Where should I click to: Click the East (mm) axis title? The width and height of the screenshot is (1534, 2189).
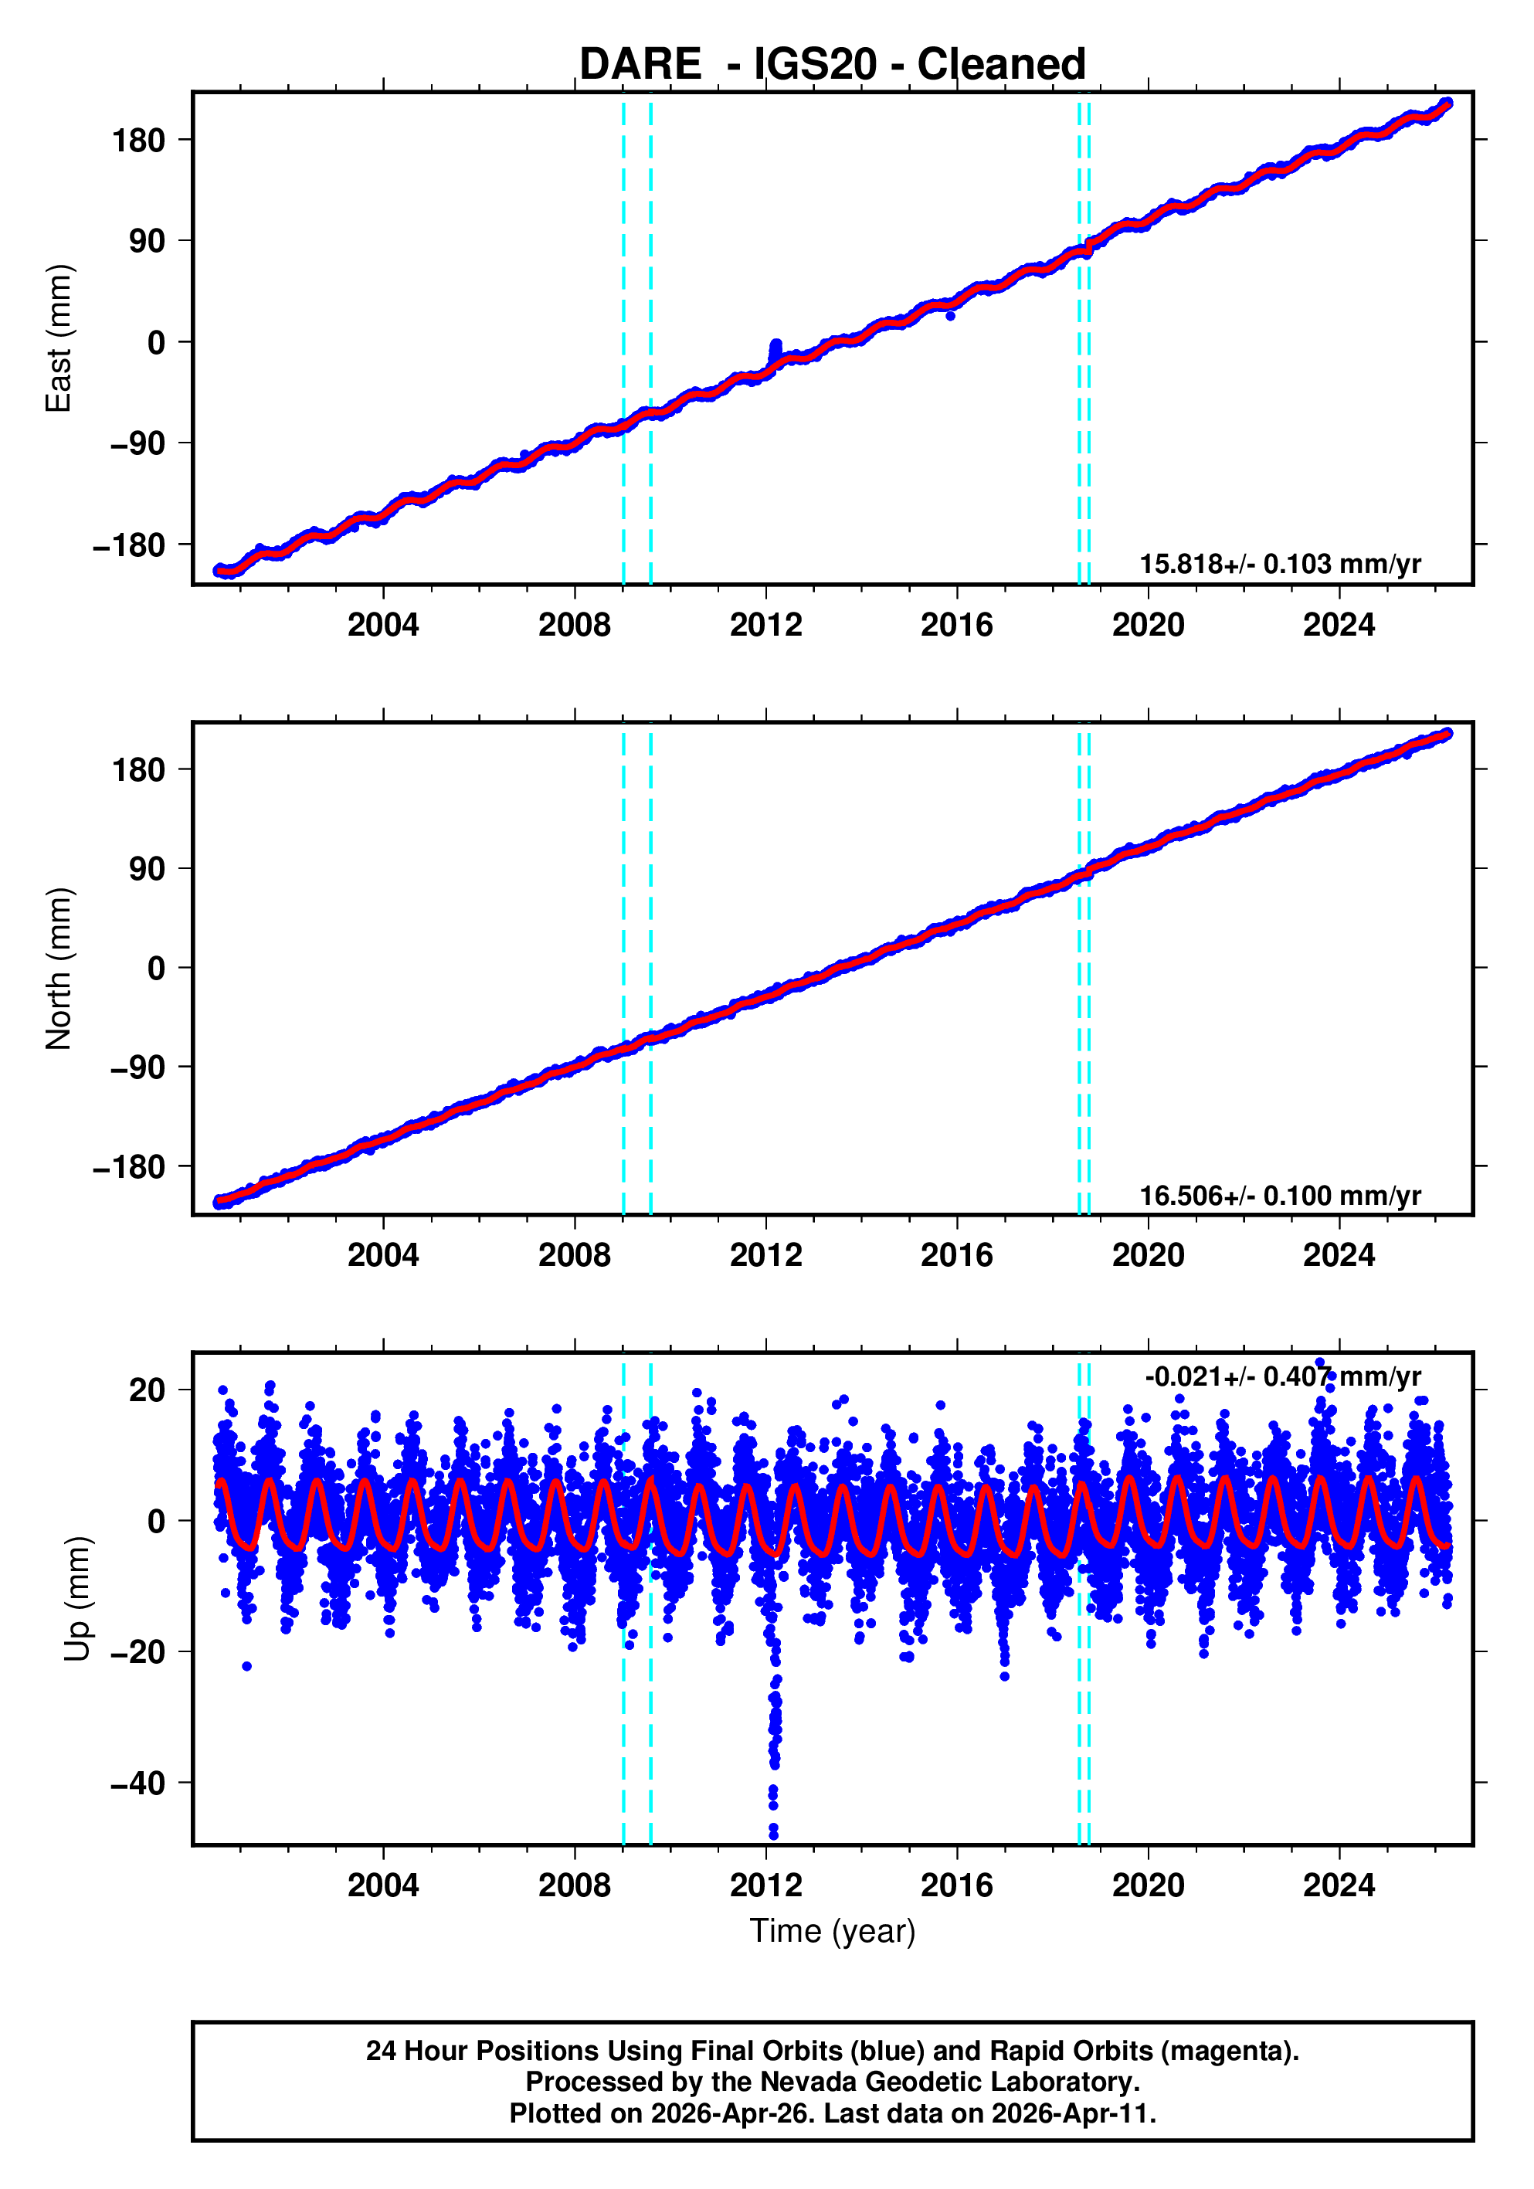tap(59, 338)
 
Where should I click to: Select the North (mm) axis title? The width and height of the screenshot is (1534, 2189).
tap(59, 968)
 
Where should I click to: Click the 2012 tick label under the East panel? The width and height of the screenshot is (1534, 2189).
tap(765, 626)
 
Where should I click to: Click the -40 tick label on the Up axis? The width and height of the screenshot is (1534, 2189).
tap(137, 1783)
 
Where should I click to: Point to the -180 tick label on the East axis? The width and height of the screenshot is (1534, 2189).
tap(129, 545)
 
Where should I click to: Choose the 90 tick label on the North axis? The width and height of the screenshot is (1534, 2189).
tap(147, 868)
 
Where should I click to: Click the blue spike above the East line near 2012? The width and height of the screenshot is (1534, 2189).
tap(775, 345)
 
